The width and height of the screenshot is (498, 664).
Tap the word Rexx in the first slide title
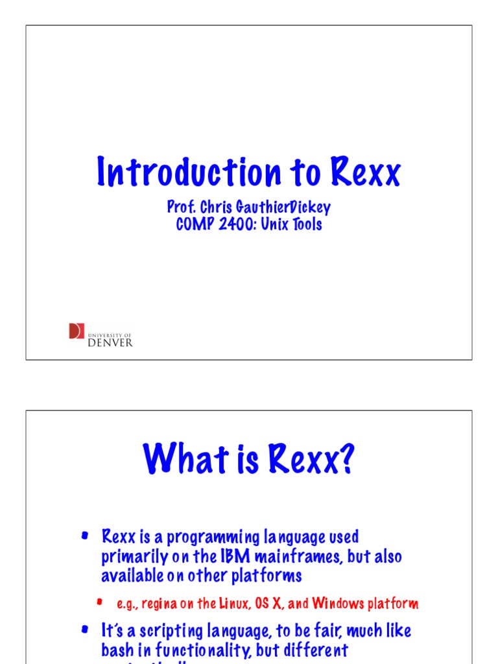pos(366,172)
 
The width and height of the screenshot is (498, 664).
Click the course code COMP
pos(194,225)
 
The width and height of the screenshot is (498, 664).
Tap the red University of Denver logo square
pos(77,331)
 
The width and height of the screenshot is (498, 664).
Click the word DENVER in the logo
pos(110,342)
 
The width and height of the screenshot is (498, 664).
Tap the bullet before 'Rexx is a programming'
pos(84,536)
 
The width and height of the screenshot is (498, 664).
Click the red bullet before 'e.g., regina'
pos(100,602)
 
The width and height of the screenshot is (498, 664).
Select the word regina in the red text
pos(159,604)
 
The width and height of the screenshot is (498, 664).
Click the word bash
pos(117,650)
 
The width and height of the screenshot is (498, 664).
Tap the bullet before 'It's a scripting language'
pos(84,629)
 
